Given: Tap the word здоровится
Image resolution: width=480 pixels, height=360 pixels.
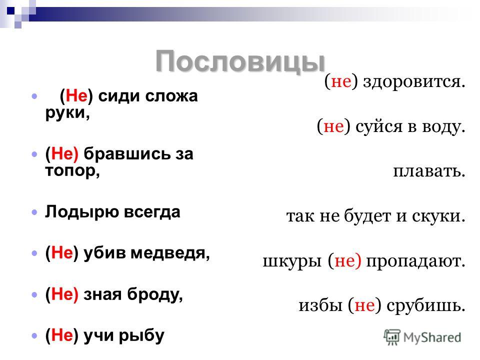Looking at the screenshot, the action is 414,81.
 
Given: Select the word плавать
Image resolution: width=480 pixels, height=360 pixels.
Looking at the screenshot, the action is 429,171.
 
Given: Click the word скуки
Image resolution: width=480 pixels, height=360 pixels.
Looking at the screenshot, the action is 438,215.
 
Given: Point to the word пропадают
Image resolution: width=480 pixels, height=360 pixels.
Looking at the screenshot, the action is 415,261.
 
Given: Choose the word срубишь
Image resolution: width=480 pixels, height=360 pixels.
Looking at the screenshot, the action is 426,305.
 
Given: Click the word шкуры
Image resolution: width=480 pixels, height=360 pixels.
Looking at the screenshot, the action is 292,261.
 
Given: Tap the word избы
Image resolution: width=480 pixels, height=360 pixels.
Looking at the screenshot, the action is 320,305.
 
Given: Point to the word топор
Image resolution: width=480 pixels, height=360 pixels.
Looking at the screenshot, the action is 72,171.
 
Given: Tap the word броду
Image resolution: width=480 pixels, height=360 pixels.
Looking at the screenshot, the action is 155,294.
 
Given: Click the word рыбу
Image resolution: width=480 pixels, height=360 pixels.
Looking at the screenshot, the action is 141,336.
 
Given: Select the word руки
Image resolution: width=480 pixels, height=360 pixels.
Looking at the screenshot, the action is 67,113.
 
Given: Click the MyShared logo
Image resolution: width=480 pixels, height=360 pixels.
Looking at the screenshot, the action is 422,337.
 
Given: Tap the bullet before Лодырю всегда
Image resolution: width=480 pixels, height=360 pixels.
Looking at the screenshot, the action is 34,212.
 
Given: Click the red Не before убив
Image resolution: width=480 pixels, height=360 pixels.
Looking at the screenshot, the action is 62,253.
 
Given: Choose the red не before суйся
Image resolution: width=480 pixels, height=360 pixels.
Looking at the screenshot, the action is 333,126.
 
